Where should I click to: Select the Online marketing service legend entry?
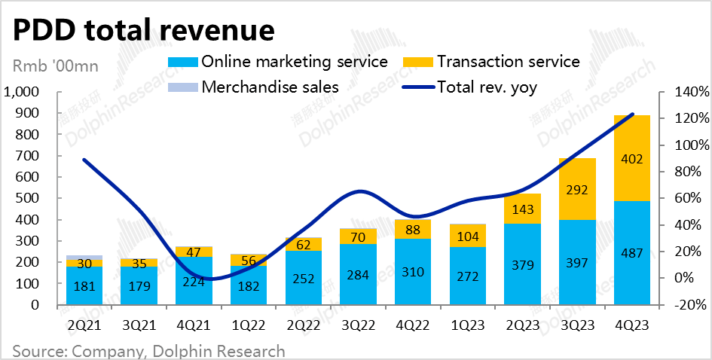click(294, 61)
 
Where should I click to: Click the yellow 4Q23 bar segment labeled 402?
click(631, 158)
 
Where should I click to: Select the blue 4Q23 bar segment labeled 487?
click(631, 253)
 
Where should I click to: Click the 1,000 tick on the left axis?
click(26, 93)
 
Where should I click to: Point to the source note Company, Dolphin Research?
click(148, 351)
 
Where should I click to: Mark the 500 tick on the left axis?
click(33, 199)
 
